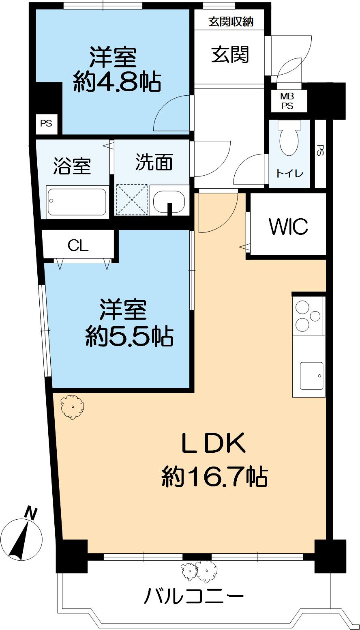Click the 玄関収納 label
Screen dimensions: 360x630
[x=231, y=22]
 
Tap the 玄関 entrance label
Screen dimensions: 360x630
[x=230, y=54]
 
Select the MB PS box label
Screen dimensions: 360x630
[x=287, y=101]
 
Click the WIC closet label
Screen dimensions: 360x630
[x=289, y=226]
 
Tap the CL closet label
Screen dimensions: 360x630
[x=78, y=245]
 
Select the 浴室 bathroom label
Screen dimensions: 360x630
[x=72, y=166]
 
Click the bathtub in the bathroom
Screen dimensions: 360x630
[x=77, y=202]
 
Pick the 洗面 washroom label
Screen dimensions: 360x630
[x=154, y=162]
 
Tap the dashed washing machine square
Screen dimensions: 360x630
[x=132, y=200]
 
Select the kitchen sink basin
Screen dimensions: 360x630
[x=311, y=376]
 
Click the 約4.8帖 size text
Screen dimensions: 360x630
[x=117, y=82]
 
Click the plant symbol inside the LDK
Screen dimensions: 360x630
[x=72, y=407]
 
